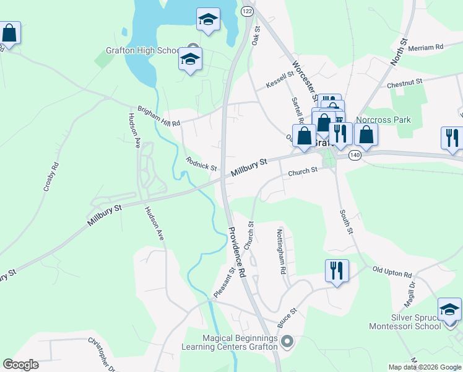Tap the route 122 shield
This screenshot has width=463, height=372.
[x=247, y=12]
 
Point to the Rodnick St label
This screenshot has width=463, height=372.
[x=201, y=164]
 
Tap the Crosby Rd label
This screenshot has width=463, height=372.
[x=51, y=185]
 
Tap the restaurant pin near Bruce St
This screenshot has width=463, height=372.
[x=337, y=270]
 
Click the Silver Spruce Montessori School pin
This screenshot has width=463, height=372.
[x=449, y=309]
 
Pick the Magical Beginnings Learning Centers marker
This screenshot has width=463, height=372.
[x=287, y=341]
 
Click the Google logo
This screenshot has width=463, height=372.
[x=20, y=365]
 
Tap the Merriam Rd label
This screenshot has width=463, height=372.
[x=427, y=46]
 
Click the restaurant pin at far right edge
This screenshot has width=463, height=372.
[x=452, y=138]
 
